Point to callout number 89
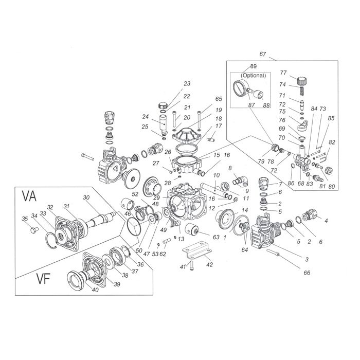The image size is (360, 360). pos(253,67)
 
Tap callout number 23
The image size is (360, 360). pos(187,84)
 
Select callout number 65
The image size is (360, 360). pos(204,99)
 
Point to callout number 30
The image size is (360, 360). pos(86,198)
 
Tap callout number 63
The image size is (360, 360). pos(216,238)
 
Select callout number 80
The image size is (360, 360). pos(331,186)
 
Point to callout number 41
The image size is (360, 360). pos(183,266)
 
